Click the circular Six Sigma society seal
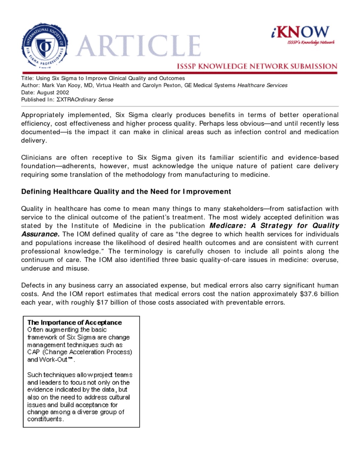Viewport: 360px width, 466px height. [44, 45]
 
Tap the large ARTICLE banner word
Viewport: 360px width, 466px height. [138, 46]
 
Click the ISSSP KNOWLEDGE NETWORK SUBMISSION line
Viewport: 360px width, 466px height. [257, 66]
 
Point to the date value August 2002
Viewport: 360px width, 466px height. [53, 92]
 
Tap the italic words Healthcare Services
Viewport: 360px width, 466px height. [262, 85]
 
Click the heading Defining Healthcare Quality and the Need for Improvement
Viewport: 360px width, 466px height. [126, 192]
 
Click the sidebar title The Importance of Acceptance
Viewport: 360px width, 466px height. [75, 323]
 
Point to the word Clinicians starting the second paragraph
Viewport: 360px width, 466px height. [36, 158]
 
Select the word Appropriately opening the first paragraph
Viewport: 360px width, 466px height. [43, 115]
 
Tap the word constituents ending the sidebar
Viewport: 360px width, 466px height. [45, 419]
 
